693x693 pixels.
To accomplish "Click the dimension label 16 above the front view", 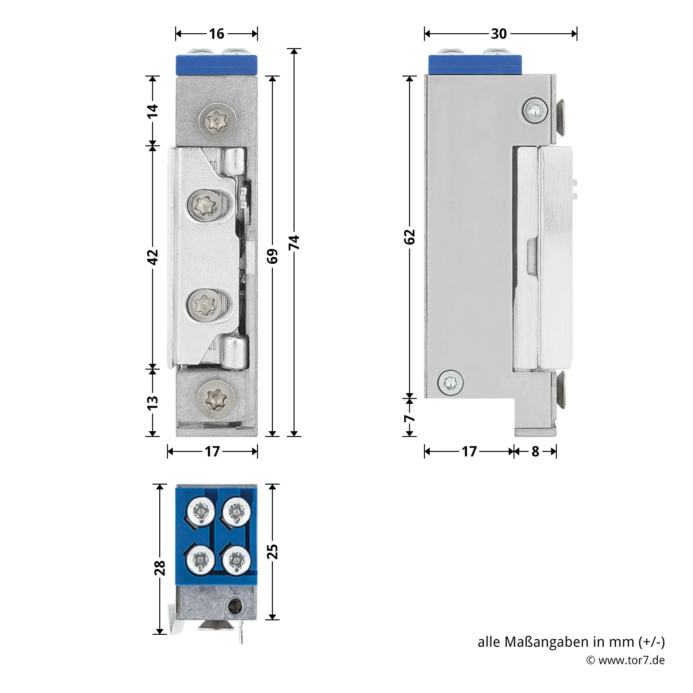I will point(217,34).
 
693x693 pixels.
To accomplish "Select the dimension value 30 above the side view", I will point(499,34).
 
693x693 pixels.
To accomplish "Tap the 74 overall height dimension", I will point(294,242).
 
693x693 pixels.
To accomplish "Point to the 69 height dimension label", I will point(272,256).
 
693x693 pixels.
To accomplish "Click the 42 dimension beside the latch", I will point(153,257).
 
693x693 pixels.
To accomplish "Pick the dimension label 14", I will point(153,111).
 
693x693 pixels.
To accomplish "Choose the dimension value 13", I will point(153,402).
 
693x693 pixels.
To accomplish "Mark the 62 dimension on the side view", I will point(409,237).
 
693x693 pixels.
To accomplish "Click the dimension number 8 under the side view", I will point(535,451).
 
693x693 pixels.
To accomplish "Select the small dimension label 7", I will point(409,418).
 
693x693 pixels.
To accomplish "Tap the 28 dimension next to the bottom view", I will point(160,568).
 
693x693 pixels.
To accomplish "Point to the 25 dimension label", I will point(272,552).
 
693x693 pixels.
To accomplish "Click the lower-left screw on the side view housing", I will point(450,383).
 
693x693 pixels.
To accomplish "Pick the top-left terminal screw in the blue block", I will point(201,511).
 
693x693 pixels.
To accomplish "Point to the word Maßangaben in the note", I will point(546,642).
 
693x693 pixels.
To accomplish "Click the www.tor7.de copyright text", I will point(630,660).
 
